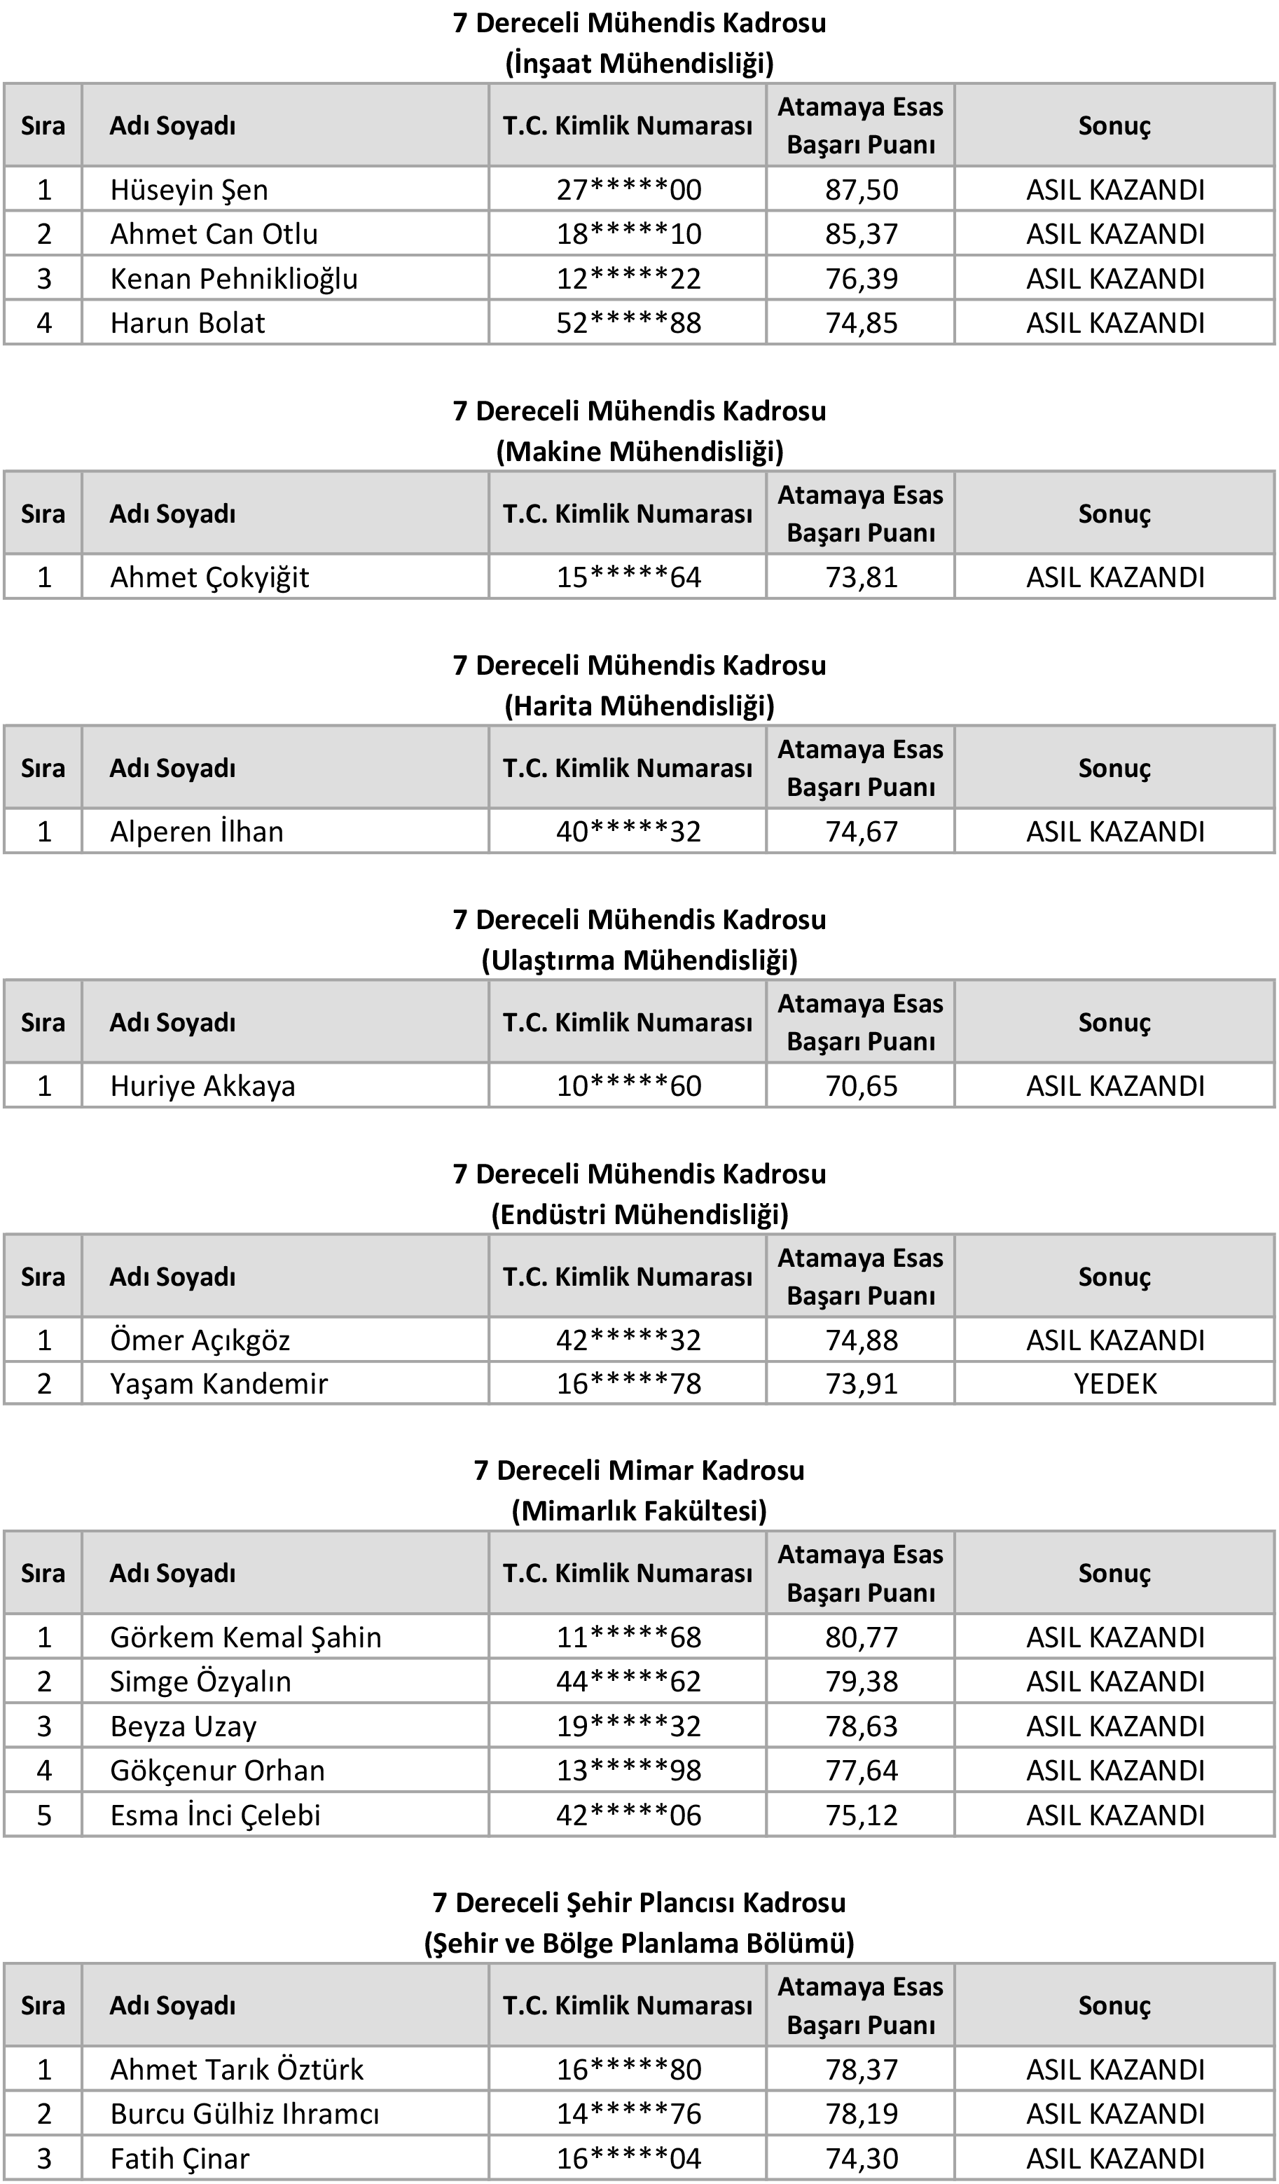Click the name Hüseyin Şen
[x=189, y=190]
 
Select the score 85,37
[x=862, y=234]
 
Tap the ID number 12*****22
[x=628, y=279]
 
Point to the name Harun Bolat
[x=187, y=323]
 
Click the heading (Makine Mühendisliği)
[x=639, y=451]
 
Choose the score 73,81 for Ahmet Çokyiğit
[x=862, y=577]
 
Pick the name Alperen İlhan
[x=197, y=832]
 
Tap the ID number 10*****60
[x=628, y=1086]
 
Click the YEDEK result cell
[x=1115, y=1383]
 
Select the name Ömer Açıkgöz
[x=200, y=1340]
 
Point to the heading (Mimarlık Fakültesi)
[x=639, y=1511]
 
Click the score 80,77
[x=862, y=1637]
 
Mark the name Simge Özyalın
[x=200, y=1682]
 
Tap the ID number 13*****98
[x=628, y=1771]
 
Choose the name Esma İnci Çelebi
[x=215, y=1815]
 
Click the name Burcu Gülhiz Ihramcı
[x=244, y=2114]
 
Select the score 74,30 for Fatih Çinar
[x=862, y=2158]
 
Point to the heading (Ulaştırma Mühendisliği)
[x=639, y=960]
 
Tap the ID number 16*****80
[x=628, y=2070]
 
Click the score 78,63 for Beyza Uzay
[x=862, y=1726]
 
